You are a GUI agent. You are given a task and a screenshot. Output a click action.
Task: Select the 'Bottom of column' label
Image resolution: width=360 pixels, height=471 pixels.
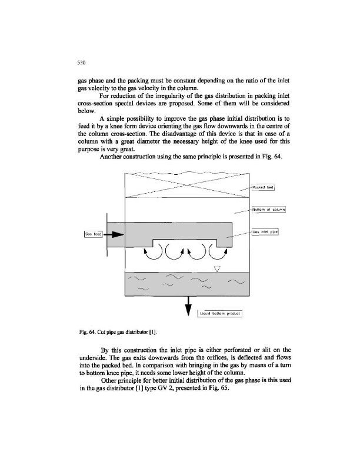268,208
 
